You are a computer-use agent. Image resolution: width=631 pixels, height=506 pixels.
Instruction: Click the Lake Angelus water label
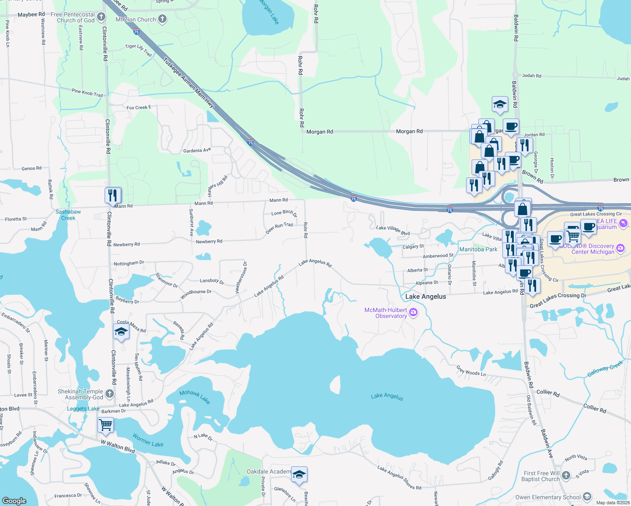pyautogui.click(x=387, y=396)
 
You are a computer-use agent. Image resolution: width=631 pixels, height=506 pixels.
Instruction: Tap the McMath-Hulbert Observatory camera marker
pyautogui.click(x=413, y=313)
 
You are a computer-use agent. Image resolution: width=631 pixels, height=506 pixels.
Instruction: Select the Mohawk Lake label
pyautogui.click(x=194, y=396)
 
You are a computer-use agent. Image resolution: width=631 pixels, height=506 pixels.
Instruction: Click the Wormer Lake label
pyautogui.click(x=148, y=440)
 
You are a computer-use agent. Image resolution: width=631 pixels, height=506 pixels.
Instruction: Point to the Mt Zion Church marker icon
pyautogui.click(x=162, y=19)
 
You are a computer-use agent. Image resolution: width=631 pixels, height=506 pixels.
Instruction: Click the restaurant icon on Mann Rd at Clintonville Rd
pyautogui.click(x=113, y=196)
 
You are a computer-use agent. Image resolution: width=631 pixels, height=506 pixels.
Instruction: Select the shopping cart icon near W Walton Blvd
pyautogui.click(x=105, y=425)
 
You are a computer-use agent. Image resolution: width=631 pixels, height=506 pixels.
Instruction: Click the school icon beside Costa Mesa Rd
pyautogui.click(x=121, y=332)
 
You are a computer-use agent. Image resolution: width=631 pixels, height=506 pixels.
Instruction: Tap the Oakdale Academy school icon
pyautogui.click(x=299, y=475)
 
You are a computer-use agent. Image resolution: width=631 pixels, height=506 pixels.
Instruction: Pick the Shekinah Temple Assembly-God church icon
pyautogui.click(x=110, y=394)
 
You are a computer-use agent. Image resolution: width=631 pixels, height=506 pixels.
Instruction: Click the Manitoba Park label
pyautogui.click(x=478, y=249)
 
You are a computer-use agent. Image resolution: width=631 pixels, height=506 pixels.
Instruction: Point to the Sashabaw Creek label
pyautogui.click(x=68, y=215)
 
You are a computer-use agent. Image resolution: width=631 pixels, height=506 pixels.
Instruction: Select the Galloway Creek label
pyautogui.click(x=605, y=369)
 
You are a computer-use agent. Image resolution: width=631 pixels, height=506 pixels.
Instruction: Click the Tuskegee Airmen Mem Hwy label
pyautogui.click(x=189, y=83)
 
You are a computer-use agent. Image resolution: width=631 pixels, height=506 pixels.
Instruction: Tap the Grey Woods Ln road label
pyautogui.click(x=471, y=371)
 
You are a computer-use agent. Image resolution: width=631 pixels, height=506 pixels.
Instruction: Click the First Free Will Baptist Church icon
pyautogui.click(x=566, y=475)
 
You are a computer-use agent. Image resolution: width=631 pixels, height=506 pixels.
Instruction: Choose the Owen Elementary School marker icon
pyautogui.click(x=587, y=497)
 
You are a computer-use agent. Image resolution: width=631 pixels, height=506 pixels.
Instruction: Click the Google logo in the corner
pyautogui.click(x=14, y=501)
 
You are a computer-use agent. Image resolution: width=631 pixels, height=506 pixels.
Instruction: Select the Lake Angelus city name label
pyautogui.click(x=425, y=296)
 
